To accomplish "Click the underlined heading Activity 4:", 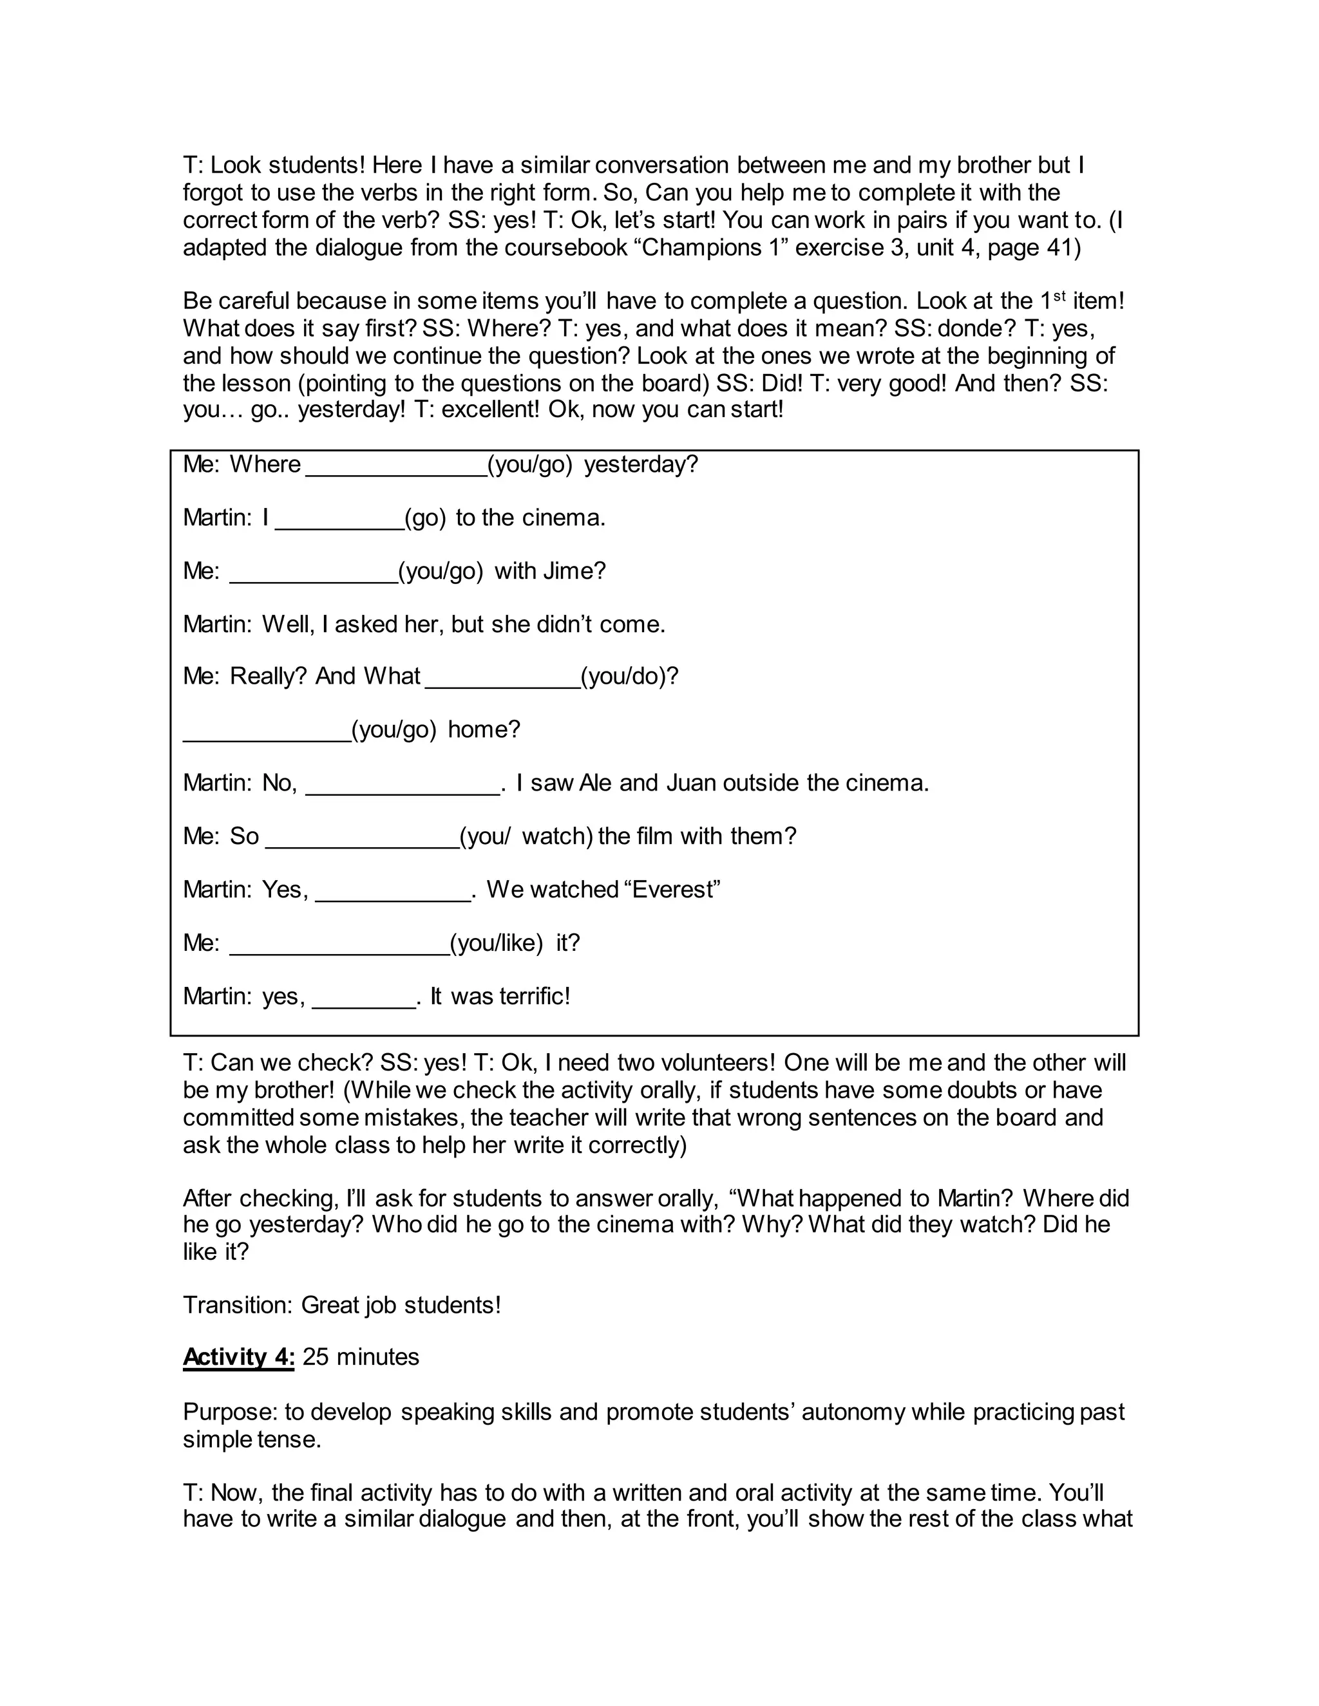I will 238,1357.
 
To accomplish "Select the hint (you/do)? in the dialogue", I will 629,676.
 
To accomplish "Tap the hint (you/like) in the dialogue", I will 496,943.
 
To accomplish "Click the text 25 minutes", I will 361,1357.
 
